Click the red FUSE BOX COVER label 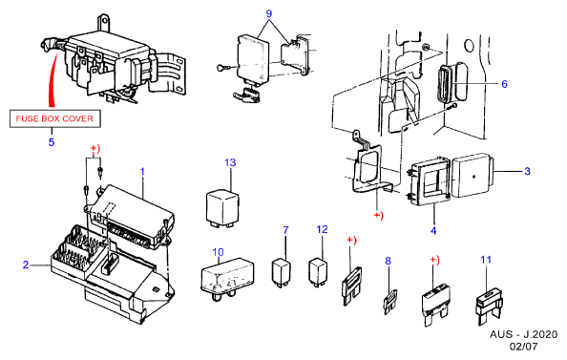[54, 118]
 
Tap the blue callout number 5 [52, 142]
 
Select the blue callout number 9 [268, 13]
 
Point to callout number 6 [504, 84]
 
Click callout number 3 [527, 171]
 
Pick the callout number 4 [433, 230]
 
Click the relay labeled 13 [222, 210]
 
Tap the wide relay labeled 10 [227, 278]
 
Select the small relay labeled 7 [282, 272]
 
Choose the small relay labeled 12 [318, 272]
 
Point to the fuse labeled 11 [489, 305]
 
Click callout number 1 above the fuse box [142, 172]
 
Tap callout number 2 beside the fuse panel [26, 265]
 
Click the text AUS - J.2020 [524, 334]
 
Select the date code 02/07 [524, 347]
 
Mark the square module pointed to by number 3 [472, 176]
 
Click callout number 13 [230, 163]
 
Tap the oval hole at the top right [469, 46]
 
